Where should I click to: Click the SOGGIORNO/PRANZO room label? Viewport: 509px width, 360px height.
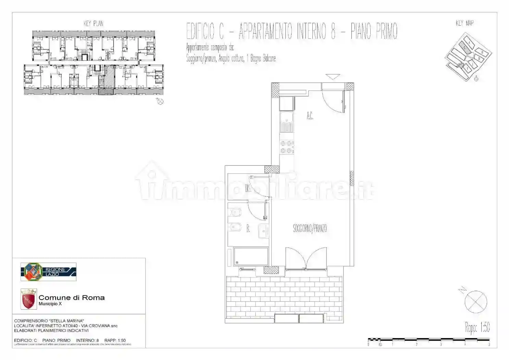pos(310,228)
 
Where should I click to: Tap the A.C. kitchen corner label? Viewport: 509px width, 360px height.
pos(310,116)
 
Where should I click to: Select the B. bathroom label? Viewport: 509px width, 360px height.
pos(248,229)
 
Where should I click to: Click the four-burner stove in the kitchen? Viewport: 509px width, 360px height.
pos(286,147)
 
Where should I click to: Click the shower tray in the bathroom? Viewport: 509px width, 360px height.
pos(251,256)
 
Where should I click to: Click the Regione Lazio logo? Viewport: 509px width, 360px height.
pos(48,272)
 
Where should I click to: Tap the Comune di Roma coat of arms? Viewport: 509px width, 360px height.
pos(28,299)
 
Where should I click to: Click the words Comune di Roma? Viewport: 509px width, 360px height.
pos(72,298)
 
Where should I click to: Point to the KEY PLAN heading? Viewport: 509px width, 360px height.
pos(93,23)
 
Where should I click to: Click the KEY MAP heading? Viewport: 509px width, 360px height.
pos(465,23)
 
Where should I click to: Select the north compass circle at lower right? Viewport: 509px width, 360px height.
pos(476,302)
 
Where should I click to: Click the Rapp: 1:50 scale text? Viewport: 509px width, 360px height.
pos(477,327)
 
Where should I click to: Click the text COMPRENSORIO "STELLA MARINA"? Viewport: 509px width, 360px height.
pos(49,321)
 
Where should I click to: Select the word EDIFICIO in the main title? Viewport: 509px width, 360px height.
pos(204,31)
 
